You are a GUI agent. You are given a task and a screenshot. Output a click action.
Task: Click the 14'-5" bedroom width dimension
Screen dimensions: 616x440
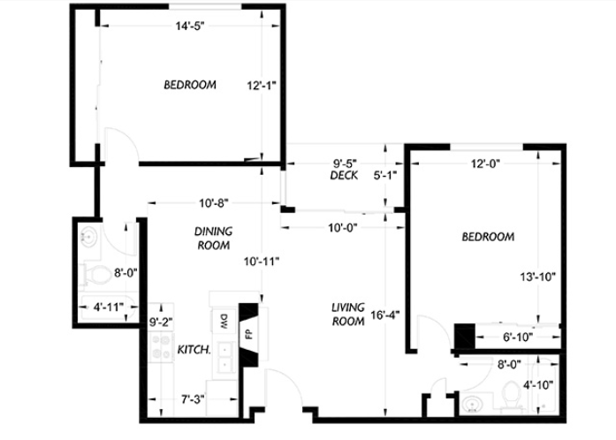pyautogui.click(x=190, y=27)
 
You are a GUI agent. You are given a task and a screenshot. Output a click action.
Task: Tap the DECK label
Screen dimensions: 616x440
pyautogui.click(x=344, y=175)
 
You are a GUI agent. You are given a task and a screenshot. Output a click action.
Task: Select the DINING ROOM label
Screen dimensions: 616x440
pyautogui.click(x=213, y=238)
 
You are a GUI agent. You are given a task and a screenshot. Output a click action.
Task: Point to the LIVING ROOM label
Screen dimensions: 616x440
pyautogui.click(x=348, y=315)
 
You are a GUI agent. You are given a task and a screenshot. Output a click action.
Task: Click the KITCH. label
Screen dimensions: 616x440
pyautogui.click(x=194, y=350)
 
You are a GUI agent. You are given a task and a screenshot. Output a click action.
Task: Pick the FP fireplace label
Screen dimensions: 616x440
pyautogui.click(x=248, y=334)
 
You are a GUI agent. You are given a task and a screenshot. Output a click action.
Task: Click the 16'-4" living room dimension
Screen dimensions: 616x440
pyautogui.click(x=385, y=315)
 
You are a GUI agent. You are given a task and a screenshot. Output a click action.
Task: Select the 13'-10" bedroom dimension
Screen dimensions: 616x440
pyautogui.click(x=538, y=277)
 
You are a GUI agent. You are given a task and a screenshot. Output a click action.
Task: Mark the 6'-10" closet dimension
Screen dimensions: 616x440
pyautogui.click(x=518, y=338)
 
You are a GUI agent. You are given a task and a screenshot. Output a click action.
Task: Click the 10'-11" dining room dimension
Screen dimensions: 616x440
pyautogui.click(x=262, y=262)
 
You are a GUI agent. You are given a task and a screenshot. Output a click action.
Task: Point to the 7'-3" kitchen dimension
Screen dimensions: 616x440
pyautogui.click(x=193, y=399)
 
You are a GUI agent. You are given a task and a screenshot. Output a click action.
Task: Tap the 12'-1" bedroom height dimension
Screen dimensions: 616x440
pyautogui.click(x=262, y=85)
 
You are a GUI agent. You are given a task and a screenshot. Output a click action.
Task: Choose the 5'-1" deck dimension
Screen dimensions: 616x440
pyautogui.click(x=385, y=175)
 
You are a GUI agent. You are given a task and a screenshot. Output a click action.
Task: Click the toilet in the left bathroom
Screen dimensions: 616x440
pyautogui.click(x=95, y=274)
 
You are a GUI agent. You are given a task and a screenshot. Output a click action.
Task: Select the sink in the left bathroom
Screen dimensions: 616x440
pyautogui.click(x=89, y=237)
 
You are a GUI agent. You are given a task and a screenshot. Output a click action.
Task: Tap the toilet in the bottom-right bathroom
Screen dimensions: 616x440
pyautogui.click(x=511, y=396)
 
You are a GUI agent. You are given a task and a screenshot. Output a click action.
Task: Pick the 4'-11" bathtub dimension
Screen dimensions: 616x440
pyautogui.click(x=109, y=307)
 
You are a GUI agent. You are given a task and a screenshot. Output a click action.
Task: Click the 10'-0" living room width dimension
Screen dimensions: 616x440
pyautogui.click(x=343, y=228)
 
